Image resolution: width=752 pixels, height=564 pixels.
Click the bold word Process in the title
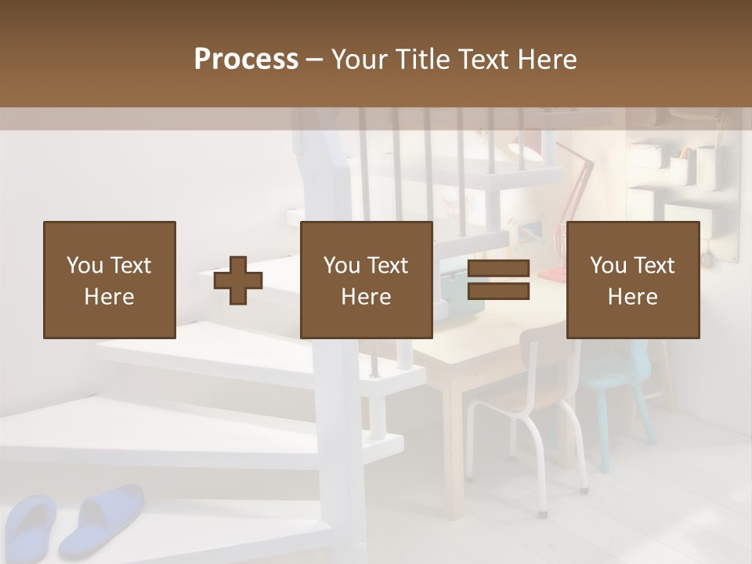tap(246, 60)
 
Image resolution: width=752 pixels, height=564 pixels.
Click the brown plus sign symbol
tap(238, 280)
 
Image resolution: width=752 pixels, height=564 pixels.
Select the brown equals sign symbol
tap(498, 280)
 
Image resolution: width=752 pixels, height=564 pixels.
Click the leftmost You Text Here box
tap(110, 280)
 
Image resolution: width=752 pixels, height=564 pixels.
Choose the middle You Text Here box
tap(367, 280)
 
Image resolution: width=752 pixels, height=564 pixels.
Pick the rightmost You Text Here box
tap(633, 280)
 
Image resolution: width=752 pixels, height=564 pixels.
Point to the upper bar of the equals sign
tap(498, 269)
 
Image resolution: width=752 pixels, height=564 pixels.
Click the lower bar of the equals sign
tap(498, 291)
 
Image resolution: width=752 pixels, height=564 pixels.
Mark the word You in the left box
tap(84, 266)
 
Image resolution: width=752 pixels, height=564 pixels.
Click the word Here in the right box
tap(633, 297)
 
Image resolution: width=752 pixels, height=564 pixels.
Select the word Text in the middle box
tap(388, 266)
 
